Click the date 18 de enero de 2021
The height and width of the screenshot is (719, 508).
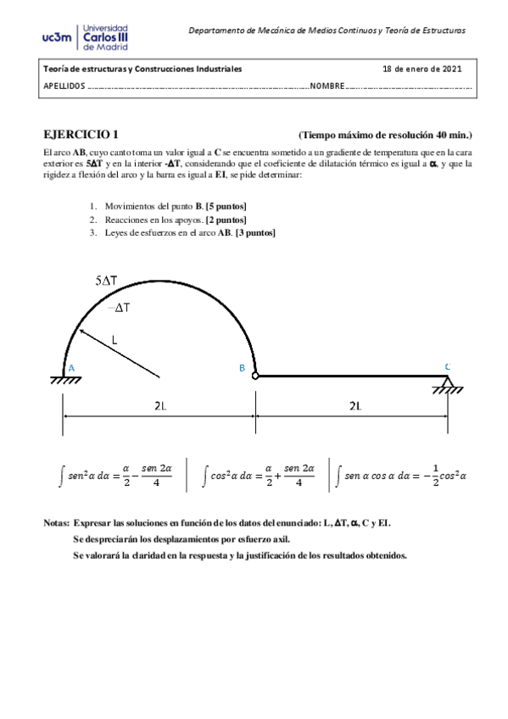click(421, 69)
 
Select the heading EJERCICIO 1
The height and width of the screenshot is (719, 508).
click(81, 135)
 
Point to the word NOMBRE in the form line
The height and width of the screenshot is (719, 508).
click(327, 86)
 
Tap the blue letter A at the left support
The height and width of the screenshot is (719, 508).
click(71, 367)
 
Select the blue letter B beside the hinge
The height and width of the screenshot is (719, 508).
click(242, 368)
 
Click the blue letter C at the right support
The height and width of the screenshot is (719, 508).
click(446, 366)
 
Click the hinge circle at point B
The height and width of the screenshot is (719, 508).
click(254, 376)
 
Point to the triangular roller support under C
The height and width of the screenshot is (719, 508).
click(447, 386)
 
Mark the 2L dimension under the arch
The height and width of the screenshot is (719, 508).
click(159, 406)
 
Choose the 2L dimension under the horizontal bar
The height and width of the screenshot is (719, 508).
click(354, 406)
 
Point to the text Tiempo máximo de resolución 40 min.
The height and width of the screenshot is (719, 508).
click(386, 135)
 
